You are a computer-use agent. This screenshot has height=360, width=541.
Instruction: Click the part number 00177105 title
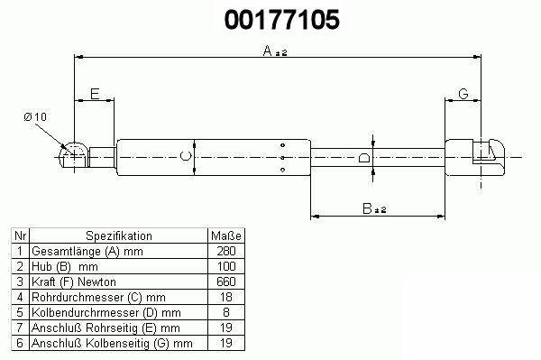tap(282, 19)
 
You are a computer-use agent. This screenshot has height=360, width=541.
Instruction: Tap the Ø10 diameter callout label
tap(35, 116)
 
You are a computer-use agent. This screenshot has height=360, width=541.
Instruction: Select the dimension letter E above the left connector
tap(95, 94)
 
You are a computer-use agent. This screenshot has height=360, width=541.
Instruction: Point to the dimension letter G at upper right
tap(463, 94)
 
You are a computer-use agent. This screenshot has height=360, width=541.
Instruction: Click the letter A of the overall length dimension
tap(268, 51)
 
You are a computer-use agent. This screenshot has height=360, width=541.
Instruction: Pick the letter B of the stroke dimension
tap(367, 208)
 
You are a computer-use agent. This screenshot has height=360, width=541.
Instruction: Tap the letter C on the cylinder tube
tap(186, 156)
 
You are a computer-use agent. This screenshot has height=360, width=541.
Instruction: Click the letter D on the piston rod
tap(364, 157)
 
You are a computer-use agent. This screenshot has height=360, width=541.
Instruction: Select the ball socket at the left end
tap(74, 154)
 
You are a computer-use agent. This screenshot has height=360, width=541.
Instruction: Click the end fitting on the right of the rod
tap(475, 157)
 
